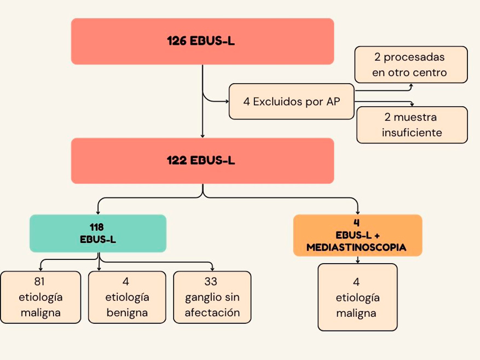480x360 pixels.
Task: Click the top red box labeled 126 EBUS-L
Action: pyautogui.click(x=202, y=41)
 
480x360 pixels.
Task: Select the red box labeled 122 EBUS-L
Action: pyautogui.click(x=202, y=160)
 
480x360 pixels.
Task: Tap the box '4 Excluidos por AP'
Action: pyautogui.click(x=291, y=101)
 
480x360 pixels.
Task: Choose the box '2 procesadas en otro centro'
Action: pyautogui.click(x=411, y=65)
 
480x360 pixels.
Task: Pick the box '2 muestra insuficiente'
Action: pyautogui.click(x=411, y=125)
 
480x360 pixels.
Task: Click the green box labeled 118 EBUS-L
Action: pyautogui.click(x=98, y=233)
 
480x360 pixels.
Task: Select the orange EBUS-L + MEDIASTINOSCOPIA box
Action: pyautogui.click(x=357, y=235)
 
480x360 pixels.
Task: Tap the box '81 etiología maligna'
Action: pyautogui.click(x=41, y=297)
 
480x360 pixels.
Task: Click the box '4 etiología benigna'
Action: pyautogui.click(x=126, y=297)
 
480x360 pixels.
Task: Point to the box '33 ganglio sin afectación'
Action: pyautogui.click(x=212, y=297)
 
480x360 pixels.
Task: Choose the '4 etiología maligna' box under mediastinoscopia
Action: pyautogui.click(x=357, y=297)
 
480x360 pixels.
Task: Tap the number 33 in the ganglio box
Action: pyautogui.click(x=211, y=282)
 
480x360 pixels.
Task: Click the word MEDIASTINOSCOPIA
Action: pyautogui.click(x=356, y=247)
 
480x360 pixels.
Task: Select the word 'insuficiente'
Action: pyautogui.click(x=412, y=132)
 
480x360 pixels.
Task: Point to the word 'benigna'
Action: pyautogui.click(x=127, y=313)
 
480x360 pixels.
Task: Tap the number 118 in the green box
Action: pyautogui.click(x=97, y=227)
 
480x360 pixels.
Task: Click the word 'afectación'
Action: pyautogui.click(x=212, y=313)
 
